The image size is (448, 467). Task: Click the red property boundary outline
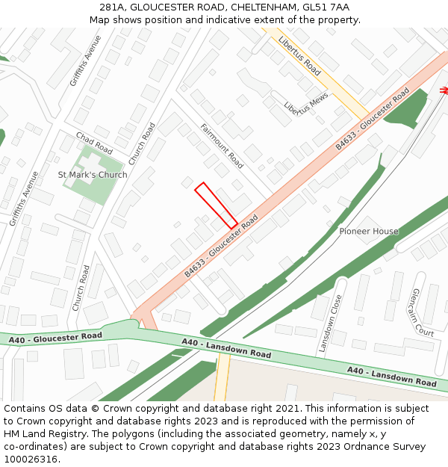pyautogui.click(x=217, y=205)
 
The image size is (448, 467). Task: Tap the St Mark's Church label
pyautogui.click(x=93, y=175)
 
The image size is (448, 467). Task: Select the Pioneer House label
pyautogui.click(x=369, y=232)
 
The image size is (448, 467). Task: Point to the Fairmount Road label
pyautogui.click(x=222, y=146)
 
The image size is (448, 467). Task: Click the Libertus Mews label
pyautogui.click(x=306, y=108)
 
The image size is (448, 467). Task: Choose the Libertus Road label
pyautogui.click(x=299, y=56)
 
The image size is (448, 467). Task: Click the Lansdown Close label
pyautogui.click(x=329, y=323)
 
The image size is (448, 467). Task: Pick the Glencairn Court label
pyautogui.click(x=423, y=312)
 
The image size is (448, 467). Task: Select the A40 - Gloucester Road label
pyautogui.click(x=55, y=338)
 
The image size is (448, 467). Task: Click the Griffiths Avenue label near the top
pyautogui.click(x=85, y=61)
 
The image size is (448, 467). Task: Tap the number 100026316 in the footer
pyautogui.click(x=32, y=460)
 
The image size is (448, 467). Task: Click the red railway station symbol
pyautogui.click(x=444, y=90)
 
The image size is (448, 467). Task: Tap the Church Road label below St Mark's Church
pyautogui.click(x=81, y=288)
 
